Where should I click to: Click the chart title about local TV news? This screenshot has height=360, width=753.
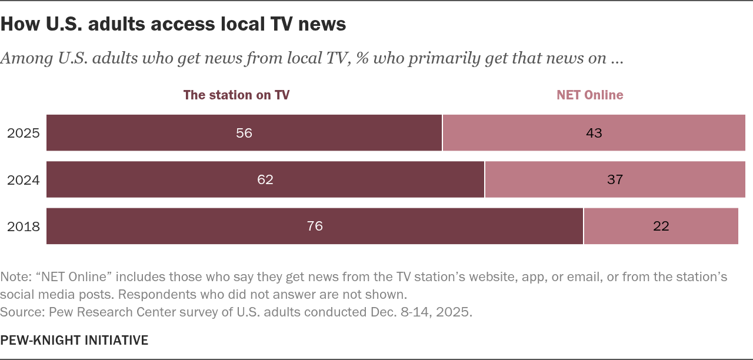point(173,24)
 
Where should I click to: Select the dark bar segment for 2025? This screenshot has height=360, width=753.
point(176,133)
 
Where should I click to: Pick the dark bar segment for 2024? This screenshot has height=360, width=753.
point(176,179)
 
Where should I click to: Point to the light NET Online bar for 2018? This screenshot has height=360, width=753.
point(706,226)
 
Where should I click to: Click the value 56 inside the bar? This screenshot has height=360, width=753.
point(244,133)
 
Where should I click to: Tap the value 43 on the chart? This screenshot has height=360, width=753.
point(594,133)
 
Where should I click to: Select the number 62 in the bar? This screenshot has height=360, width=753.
point(265,179)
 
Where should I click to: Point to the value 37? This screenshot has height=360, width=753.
point(615,179)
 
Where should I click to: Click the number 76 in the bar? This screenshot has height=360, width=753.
point(315,226)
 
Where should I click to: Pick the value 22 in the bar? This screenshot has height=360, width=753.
point(661,226)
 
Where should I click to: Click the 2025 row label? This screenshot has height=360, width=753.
point(24,133)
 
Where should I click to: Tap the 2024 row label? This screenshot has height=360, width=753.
point(24,179)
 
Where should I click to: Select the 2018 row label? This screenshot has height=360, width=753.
point(24,226)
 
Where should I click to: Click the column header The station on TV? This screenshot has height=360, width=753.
point(236,95)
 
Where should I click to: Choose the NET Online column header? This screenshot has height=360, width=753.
point(590,95)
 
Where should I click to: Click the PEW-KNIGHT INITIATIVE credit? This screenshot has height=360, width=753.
point(74,340)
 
